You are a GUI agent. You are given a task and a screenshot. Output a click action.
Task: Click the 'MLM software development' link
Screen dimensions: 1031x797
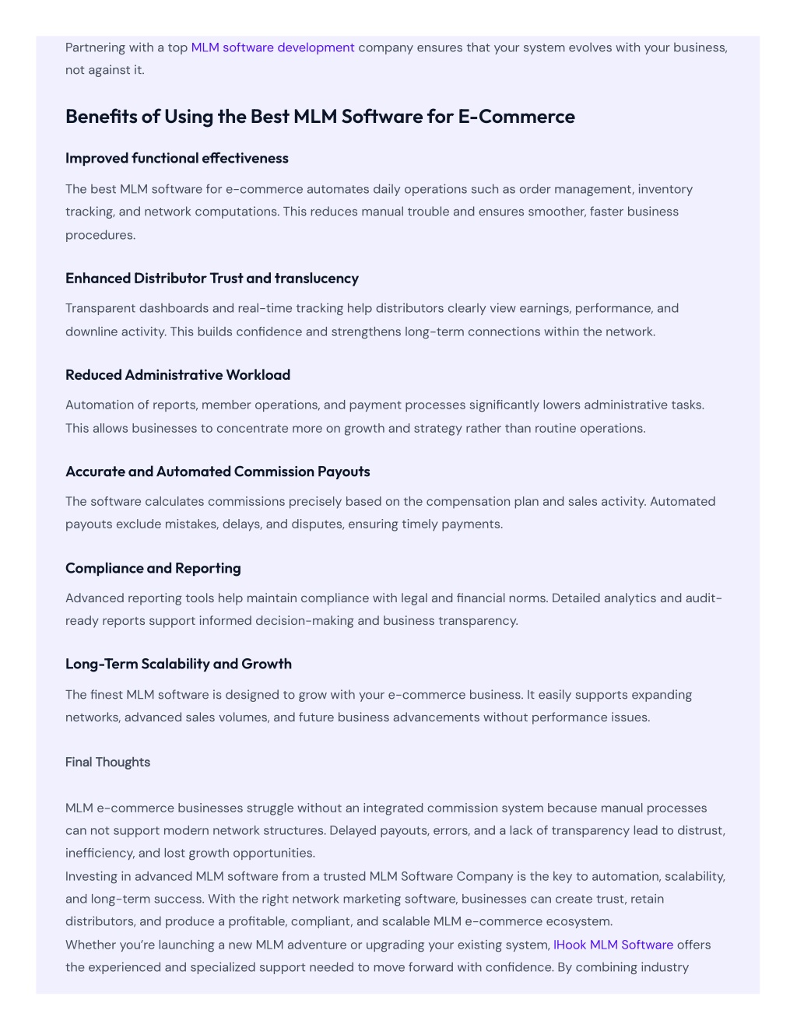pos(272,47)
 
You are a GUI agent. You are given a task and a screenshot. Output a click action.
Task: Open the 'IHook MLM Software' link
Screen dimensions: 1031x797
pos(613,945)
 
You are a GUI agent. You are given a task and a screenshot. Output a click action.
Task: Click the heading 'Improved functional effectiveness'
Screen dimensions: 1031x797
pos(177,158)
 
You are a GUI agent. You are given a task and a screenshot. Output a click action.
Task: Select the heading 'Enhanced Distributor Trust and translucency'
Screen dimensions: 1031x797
pos(212,278)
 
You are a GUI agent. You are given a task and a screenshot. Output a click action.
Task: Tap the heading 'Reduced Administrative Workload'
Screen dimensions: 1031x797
pos(177,374)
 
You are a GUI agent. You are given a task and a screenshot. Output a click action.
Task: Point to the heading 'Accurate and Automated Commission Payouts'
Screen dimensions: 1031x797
pos(217,472)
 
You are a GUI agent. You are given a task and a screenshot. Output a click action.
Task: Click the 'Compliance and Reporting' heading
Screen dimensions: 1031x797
pos(153,568)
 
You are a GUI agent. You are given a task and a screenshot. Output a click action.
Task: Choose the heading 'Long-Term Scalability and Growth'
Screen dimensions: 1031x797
pos(178,664)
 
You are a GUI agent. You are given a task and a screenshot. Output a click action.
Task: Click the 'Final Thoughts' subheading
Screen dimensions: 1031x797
pos(107,762)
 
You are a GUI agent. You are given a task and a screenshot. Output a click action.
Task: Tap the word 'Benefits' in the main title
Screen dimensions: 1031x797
pos(101,117)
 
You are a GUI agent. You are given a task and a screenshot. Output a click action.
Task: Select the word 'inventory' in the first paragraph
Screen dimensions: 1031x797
pos(665,189)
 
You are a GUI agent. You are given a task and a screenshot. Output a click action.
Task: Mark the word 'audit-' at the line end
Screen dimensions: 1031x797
pos(704,598)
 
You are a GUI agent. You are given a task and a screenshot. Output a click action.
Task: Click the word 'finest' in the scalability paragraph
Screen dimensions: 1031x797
pos(107,694)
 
